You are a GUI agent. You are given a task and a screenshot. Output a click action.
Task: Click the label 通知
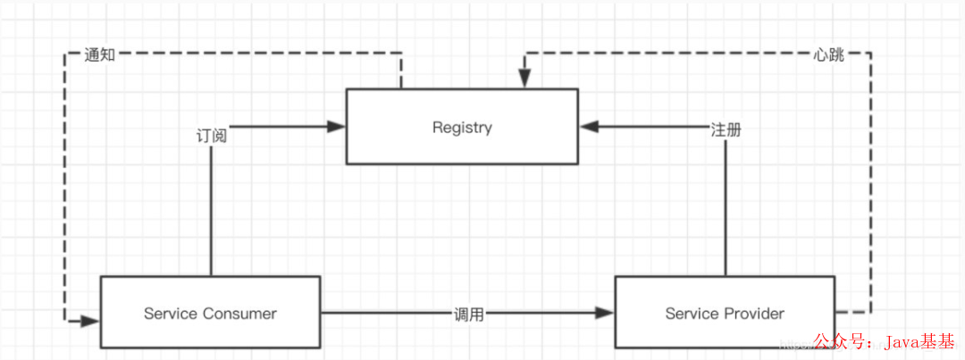[99, 54]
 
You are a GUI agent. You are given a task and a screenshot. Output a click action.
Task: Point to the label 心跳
[828, 54]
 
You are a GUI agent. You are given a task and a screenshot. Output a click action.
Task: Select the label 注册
[726, 129]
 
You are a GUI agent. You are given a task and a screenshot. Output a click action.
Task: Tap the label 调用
[468, 314]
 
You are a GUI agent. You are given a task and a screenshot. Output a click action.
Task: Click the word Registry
[461, 128]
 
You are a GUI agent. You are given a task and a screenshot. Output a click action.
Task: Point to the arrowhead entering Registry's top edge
[524, 81]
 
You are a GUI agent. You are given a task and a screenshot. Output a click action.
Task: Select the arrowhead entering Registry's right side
[589, 128]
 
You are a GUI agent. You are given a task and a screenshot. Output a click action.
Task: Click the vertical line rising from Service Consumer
[211, 214]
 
